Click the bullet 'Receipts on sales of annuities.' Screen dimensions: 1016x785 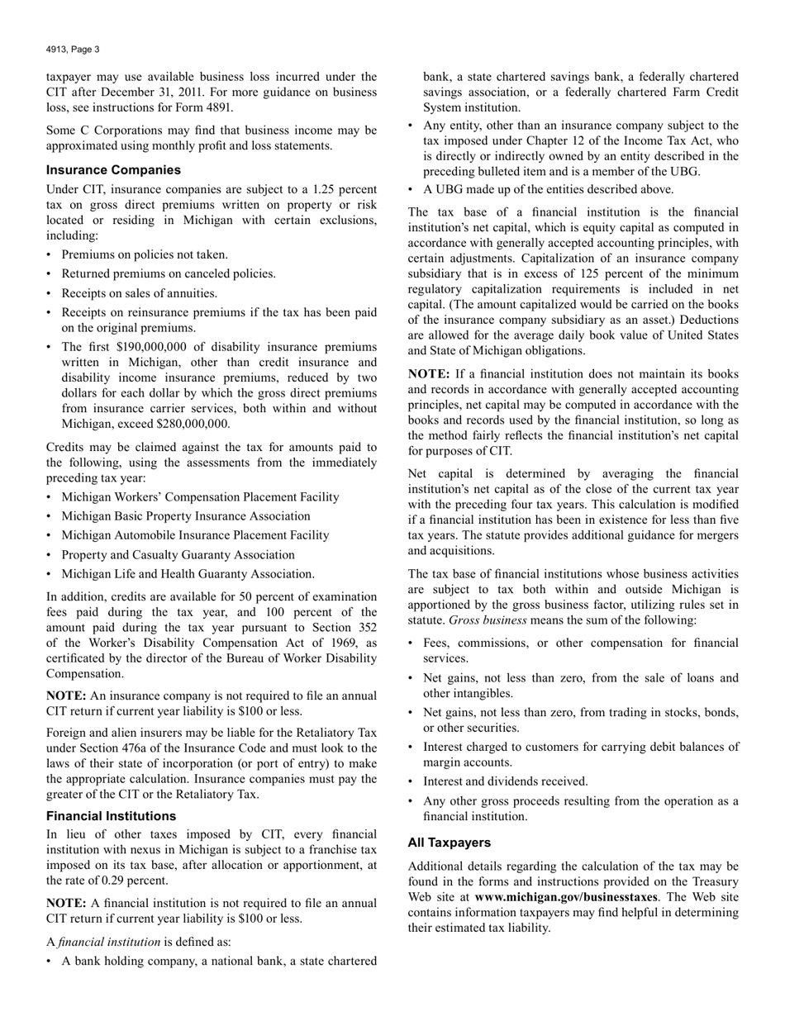point(140,293)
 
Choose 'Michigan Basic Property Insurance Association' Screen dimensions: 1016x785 point(186,516)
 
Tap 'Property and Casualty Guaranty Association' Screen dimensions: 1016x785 point(178,555)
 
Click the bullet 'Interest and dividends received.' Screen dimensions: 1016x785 point(506,781)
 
